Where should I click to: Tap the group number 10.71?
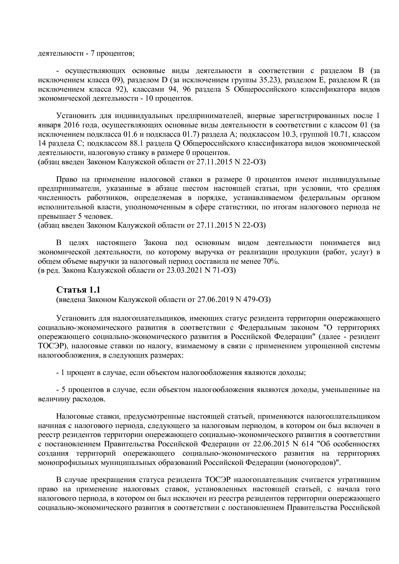tap(333, 134)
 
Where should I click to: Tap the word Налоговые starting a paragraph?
tap(74, 416)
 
